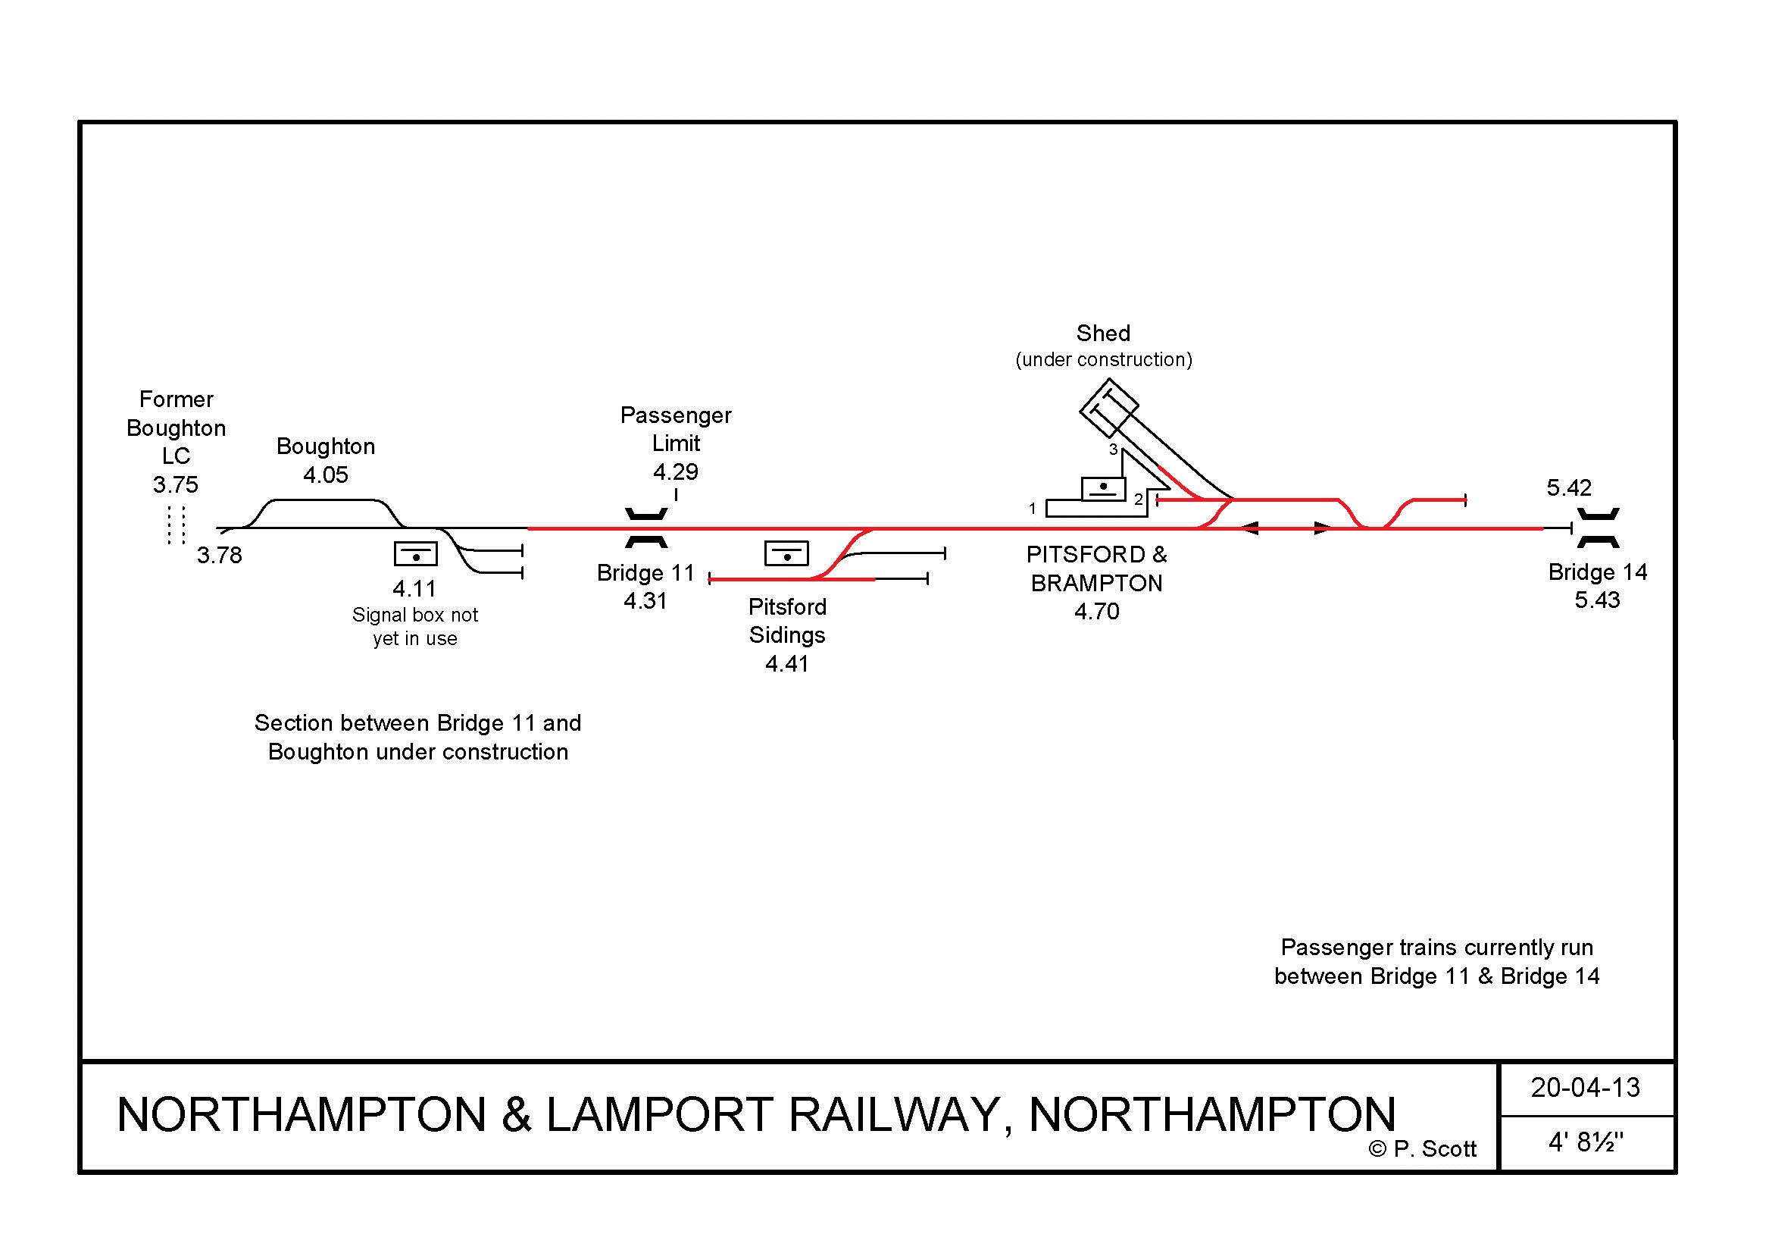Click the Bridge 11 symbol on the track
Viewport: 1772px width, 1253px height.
pyautogui.click(x=646, y=528)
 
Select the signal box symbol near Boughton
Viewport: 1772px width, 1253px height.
pyautogui.click(x=416, y=553)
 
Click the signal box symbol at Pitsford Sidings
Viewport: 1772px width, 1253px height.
pyautogui.click(x=786, y=553)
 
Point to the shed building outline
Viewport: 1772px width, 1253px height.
pyautogui.click(x=1108, y=408)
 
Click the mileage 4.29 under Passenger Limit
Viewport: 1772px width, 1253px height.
pyautogui.click(x=675, y=471)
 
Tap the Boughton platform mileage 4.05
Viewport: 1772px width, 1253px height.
pyautogui.click(x=326, y=475)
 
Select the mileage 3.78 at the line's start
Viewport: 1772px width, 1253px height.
pyautogui.click(x=219, y=555)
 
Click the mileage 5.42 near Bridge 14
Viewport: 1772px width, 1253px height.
pyautogui.click(x=1568, y=488)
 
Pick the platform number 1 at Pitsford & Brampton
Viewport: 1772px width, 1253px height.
pyautogui.click(x=1033, y=509)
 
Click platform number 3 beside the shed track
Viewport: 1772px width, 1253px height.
pyautogui.click(x=1113, y=450)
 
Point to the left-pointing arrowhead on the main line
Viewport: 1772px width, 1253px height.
pyautogui.click(x=1249, y=529)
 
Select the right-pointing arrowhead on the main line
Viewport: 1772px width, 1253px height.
pyautogui.click(x=1323, y=529)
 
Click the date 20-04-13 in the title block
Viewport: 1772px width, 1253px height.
pyautogui.click(x=1585, y=1088)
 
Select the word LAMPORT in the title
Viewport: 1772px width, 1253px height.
pyautogui.click(x=659, y=1115)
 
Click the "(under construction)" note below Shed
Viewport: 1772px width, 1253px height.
pyautogui.click(x=1104, y=360)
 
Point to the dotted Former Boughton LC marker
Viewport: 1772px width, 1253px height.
pyautogui.click(x=177, y=526)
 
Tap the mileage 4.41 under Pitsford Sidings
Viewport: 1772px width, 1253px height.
pyautogui.click(x=786, y=664)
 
